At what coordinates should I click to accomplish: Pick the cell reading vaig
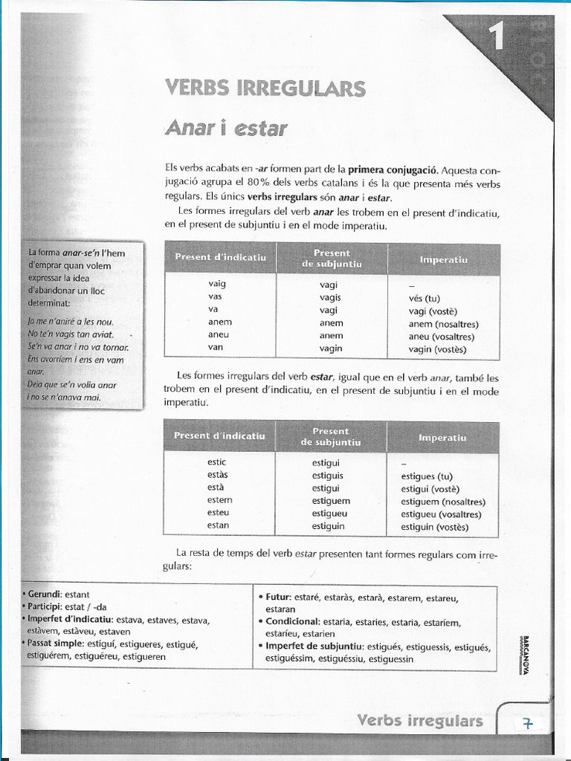[217, 283]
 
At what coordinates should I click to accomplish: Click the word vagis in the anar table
[330, 297]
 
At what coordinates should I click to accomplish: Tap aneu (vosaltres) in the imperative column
[441, 336]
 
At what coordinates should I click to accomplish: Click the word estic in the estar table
[217, 462]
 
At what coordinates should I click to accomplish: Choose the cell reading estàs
[218, 474]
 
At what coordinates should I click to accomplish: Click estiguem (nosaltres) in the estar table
[443, 502]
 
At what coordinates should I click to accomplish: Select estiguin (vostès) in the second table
[435, 527]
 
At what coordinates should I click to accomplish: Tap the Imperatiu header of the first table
[443, 259]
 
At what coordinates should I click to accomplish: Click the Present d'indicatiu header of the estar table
[219, 435]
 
